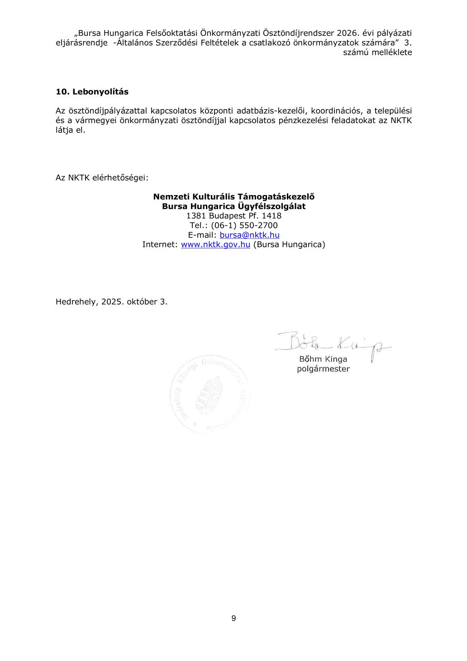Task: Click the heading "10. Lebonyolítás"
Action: pyautogui.click(x=92, y=92)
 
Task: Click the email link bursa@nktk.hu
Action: pyautogui.click(x=249, y=235)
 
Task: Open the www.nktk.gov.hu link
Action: pyautogui.click(x=215, y=244)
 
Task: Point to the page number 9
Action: pyautogui.click(x=233, y=618)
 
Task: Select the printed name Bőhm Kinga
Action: pyautogui.click(x=323, y=359)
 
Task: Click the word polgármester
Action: pyautogui.click(x=323, y=369)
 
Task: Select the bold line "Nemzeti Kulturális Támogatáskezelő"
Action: pyautogui.click(x=233, y=197)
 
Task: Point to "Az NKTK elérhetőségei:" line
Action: pyautogui.click(x=102, y=178)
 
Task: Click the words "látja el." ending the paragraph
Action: pyautogui.click(x=70, y=130)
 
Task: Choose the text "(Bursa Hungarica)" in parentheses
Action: pyautogui.click(x=289, y=244)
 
